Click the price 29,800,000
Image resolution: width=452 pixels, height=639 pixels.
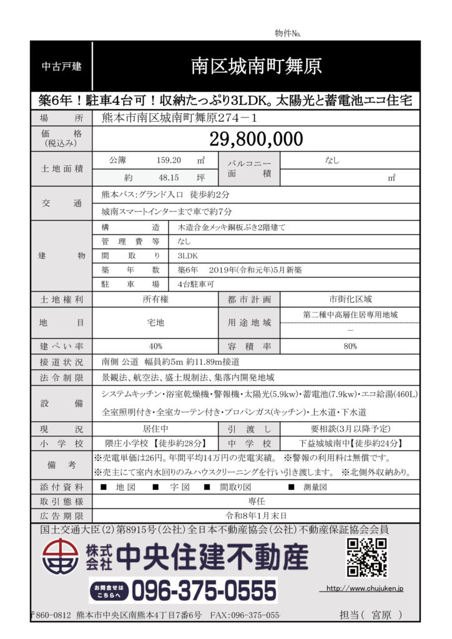[x=257, y=139]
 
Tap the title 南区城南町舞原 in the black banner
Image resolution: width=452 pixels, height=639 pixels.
[x=257, y=66]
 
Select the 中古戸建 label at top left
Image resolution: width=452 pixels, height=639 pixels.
[x=61, y=66]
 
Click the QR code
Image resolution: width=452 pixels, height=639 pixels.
[x=366, y=557]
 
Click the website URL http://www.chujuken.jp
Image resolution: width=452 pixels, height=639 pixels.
[x=365, y=588]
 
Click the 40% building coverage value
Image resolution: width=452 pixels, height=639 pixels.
[x=155, y=346]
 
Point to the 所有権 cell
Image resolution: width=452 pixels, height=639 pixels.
[x=155, y=300]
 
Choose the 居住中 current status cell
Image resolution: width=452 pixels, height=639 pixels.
[x=155, y=430]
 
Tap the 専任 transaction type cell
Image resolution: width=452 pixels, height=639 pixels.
[x=257, y=501]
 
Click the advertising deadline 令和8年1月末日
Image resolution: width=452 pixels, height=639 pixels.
[x=257, y=515]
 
